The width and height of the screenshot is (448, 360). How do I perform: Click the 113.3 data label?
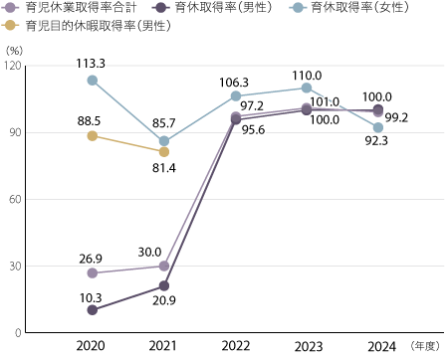pyautogui.click(x=92, y=62)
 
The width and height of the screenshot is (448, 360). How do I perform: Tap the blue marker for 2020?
pyautogui.click(x=93, y=81)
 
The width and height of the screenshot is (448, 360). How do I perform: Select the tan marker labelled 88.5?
pyautogui.click(x=93, y=135)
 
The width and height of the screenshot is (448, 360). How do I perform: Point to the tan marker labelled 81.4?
pyautogui.click(x=164, y=151)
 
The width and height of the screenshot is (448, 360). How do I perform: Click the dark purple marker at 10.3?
pyautogui.click(x=93, y=310)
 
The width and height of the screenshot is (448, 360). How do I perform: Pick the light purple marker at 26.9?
pyautogui.click(x=93, y=272)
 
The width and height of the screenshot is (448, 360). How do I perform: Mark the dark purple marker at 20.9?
pyautogui.click(x=164, y=286)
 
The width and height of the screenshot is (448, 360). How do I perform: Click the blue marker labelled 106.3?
pyautogui.click(x=236, y=95)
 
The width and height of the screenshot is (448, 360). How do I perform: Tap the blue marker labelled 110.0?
pyautogui.click(x=307, y=88)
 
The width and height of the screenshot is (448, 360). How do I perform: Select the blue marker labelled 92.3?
pyautogui.click(x=378, y=127)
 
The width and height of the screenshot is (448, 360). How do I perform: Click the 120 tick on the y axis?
pyautogui.click(x=13, y=66)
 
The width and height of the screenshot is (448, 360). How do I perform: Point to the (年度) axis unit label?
pyautogui.click(x=424, y=345)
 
